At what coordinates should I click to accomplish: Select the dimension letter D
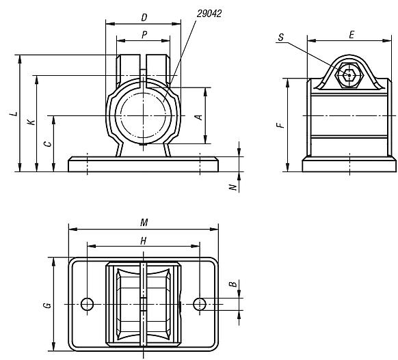144,16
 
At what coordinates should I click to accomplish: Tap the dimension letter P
144,33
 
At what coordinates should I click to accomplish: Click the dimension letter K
31,123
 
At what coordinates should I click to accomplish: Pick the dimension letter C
47,143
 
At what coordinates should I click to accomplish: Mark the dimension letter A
199,116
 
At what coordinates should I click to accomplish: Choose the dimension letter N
233,186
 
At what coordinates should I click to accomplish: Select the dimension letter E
351,33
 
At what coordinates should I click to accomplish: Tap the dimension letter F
279,126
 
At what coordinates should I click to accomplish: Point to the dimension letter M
143,223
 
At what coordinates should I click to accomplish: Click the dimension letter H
143,240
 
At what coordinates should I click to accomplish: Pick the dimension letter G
47,304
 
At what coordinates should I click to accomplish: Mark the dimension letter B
233,284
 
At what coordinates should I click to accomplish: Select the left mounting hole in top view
87,303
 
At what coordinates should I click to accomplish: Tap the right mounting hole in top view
199,303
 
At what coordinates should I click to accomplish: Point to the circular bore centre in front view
144,115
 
